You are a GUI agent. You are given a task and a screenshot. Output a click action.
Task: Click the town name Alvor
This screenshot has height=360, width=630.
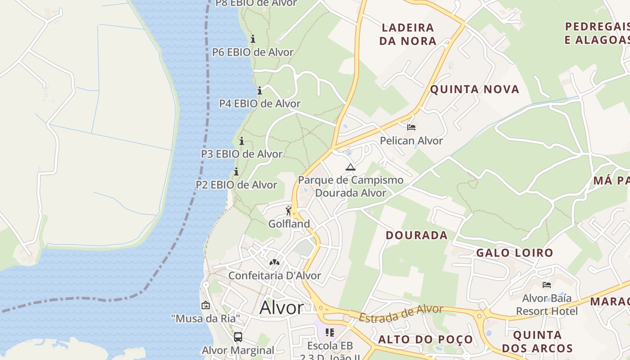(x=282, y=308)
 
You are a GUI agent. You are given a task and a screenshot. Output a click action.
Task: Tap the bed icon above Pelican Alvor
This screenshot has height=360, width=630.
(x=411, y=127)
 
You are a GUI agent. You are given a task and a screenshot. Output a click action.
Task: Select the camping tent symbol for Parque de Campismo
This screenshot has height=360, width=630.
(x=350, y=167)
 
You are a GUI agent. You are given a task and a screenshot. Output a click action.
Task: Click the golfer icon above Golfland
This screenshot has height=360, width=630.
(x=289, y=211)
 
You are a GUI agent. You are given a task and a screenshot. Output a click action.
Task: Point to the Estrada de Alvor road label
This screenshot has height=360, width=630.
(x=401, y=313)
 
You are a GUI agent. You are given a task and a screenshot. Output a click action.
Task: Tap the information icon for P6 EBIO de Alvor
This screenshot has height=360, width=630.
(x=253, y=39)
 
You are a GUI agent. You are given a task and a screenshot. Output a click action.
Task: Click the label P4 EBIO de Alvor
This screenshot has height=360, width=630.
(x=260, y=103)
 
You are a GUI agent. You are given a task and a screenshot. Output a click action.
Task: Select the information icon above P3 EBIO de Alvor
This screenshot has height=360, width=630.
(x=242, y=141)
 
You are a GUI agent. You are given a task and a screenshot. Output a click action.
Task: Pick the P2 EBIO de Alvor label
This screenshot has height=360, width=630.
(x=236, y=185)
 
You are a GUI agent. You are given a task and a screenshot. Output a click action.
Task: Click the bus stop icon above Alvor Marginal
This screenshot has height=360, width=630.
(x=238, y=337)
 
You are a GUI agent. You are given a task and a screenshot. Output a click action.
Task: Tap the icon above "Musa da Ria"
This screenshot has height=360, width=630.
(x=206, y=305)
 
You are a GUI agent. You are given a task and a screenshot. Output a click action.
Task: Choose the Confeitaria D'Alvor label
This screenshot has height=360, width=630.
(x=274, y=275)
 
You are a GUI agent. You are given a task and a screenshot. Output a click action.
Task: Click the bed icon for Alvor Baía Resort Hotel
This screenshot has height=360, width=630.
(x=547, y=285)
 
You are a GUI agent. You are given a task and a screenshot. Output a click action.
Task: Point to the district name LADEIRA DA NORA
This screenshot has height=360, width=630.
(x=408, y=34)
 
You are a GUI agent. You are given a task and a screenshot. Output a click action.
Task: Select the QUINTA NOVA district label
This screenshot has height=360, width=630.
(x=475, y=89)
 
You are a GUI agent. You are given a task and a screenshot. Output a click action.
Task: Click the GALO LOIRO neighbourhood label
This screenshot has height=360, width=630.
(x=514, y=253)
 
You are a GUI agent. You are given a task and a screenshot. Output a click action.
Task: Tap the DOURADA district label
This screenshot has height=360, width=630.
(x=417, y=235)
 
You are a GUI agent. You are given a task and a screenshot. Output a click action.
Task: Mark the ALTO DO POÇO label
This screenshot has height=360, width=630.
(x=426, y=339)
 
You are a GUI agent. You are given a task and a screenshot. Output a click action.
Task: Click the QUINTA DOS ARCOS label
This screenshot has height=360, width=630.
(x=537, y=342)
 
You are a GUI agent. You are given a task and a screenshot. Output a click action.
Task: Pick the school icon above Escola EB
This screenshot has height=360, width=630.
(x=330, y=333)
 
